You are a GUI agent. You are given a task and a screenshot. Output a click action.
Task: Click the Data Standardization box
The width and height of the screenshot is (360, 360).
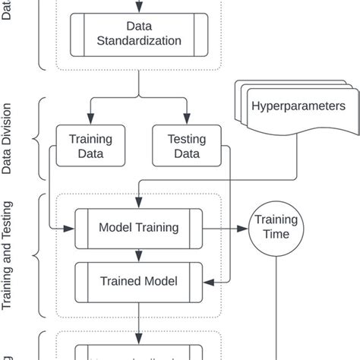(138, 35)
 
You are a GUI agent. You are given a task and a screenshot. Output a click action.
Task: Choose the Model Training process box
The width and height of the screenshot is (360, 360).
(139, 227)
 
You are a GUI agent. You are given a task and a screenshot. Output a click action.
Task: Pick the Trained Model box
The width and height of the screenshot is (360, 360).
(139, 281)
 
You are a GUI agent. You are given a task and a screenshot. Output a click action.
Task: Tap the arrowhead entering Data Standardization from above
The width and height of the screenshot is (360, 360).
(138, 8)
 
